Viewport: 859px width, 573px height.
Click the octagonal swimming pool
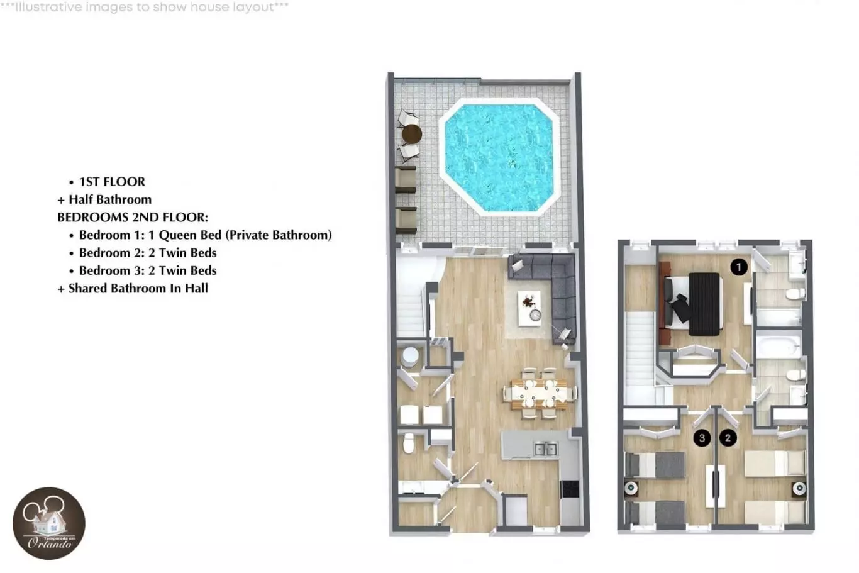click(x=499, y=157)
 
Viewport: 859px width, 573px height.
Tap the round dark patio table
click(x=412, y=134)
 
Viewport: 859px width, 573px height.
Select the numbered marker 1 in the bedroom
click(x=739, y=267)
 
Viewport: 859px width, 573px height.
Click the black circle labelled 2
click(x=728, y=438)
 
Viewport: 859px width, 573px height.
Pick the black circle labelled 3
click(x=702, y=438)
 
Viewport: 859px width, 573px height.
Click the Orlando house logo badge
click(x=48, y=523)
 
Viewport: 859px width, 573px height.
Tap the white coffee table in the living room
click(x=529, y=308)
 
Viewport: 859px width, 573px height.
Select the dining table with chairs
click(x=540, y=394)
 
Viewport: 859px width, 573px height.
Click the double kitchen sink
click(x=546, y=448)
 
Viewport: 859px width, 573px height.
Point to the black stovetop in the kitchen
click(x=570, y=489)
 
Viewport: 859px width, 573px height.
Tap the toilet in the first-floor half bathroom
click(x=409, y=444)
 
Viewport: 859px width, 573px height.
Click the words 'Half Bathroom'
click(x=110, y=199)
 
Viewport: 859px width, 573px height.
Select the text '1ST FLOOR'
click(x=112, y=181)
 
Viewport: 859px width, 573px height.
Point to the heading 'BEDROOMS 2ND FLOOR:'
click(x=133, y=217)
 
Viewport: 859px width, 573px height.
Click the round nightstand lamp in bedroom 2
click(x=799, y=488)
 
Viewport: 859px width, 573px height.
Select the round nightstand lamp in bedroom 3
click(x=631, y=488)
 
